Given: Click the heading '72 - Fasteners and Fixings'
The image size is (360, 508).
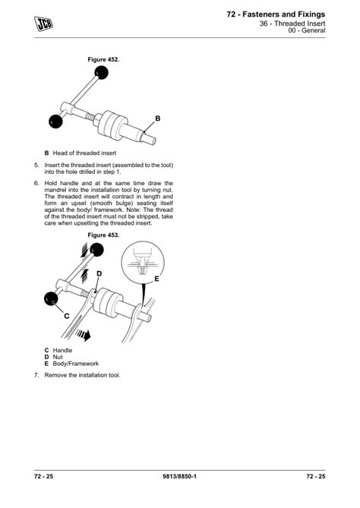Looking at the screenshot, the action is [x=276, y=14].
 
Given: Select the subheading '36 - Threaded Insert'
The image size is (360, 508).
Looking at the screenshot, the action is [x=292, y=24].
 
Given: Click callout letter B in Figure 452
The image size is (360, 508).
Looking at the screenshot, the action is [x=158, y=118].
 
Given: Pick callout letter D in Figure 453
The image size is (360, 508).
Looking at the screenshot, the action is [x=99, y=273].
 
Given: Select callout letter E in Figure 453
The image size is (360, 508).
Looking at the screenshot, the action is [x=157, y=279].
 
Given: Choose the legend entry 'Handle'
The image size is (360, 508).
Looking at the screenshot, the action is [x=62, y=350].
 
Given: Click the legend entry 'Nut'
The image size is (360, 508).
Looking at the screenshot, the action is [x=58, y=357].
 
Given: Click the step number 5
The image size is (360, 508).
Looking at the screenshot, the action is [x=36, y=164].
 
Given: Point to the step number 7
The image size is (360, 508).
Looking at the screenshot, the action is [x=36, y=375].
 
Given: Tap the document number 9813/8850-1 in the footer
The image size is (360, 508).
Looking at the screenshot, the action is [x=180, y=476].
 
